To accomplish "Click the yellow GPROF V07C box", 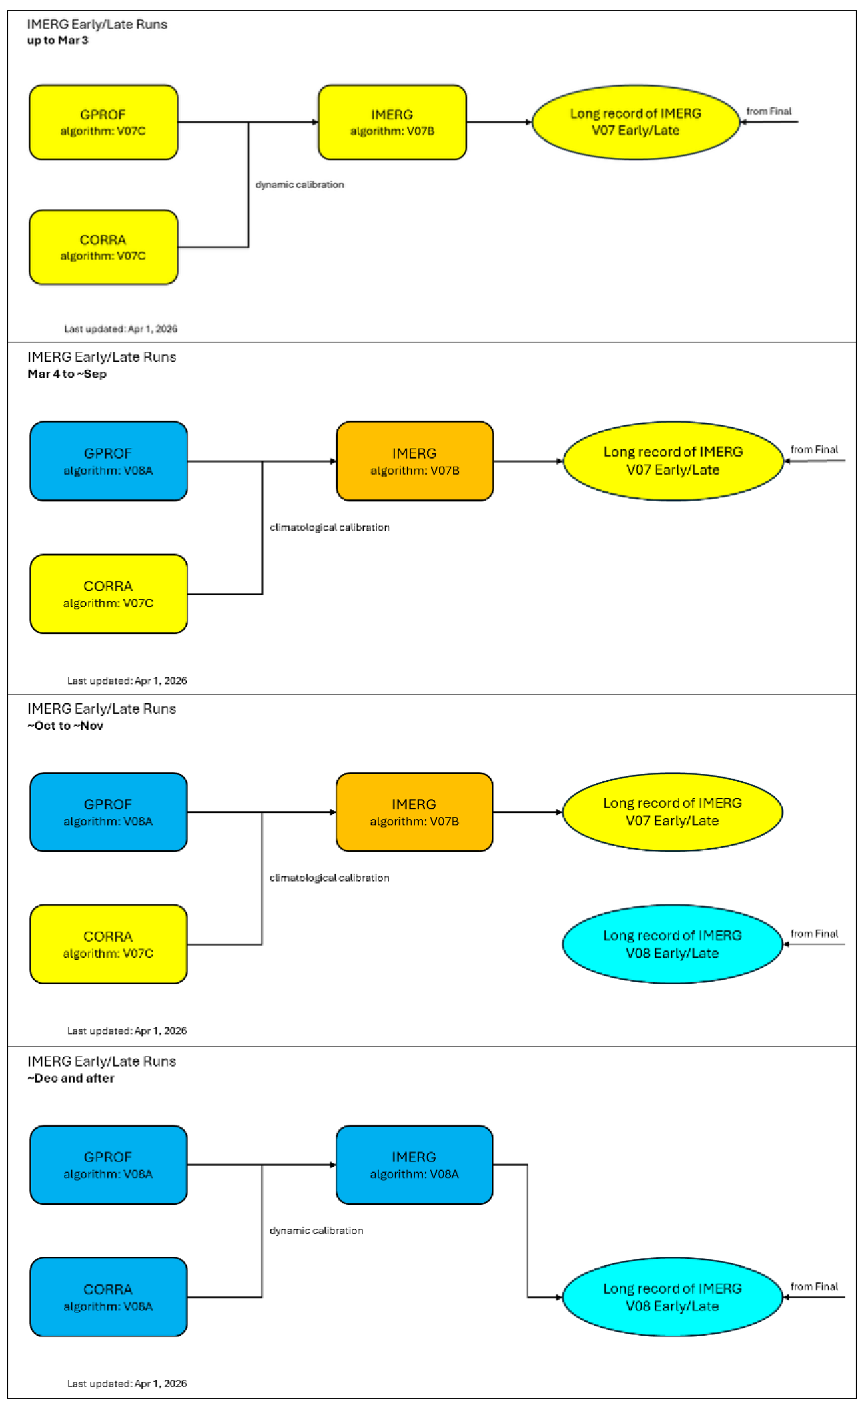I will [103, 122].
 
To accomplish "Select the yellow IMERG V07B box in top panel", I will [392, 122].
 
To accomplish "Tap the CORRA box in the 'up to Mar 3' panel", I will [103, 247].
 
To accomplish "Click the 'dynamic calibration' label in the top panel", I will [300, 184].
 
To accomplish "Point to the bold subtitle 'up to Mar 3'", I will [57, 41].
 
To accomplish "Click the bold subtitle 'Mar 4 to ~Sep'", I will [67, 374].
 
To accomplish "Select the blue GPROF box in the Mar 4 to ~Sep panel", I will [108, 461].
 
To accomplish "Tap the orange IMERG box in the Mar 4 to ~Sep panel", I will [414, 461].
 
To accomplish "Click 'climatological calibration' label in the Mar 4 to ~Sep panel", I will [329, 527].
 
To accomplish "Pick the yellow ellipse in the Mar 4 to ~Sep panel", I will [673, 461].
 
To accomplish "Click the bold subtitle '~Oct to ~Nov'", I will [65, 726].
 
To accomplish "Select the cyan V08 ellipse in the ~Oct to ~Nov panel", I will [672, 944].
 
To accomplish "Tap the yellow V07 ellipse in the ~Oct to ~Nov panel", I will [672, 812].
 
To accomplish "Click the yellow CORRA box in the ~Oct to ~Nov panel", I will [108, 944].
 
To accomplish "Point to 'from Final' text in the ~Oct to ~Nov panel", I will [814, 934].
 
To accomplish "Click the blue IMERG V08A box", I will [414, 1165].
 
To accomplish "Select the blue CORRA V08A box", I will [108, 1297].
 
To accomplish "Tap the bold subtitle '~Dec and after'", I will [71, 1078].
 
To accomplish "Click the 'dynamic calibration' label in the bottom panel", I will [316, 1230].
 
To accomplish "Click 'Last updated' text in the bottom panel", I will [127, 1383].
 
